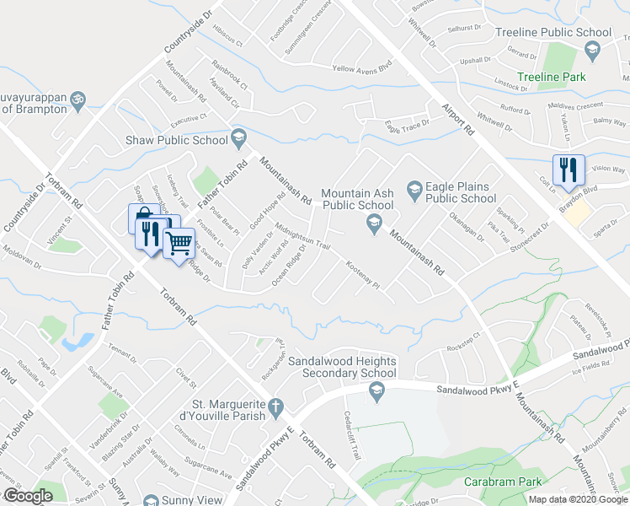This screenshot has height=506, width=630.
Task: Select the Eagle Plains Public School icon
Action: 414,187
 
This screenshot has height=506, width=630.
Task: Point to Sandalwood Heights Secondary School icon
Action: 376,388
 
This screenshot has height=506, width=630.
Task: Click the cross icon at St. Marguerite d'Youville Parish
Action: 275,410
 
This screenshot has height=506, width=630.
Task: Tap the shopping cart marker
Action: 179,243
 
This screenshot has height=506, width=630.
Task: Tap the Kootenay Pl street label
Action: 364,275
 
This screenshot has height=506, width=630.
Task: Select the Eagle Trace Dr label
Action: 407,124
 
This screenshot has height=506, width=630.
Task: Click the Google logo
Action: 28,495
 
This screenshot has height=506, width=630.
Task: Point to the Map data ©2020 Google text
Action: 576,499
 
